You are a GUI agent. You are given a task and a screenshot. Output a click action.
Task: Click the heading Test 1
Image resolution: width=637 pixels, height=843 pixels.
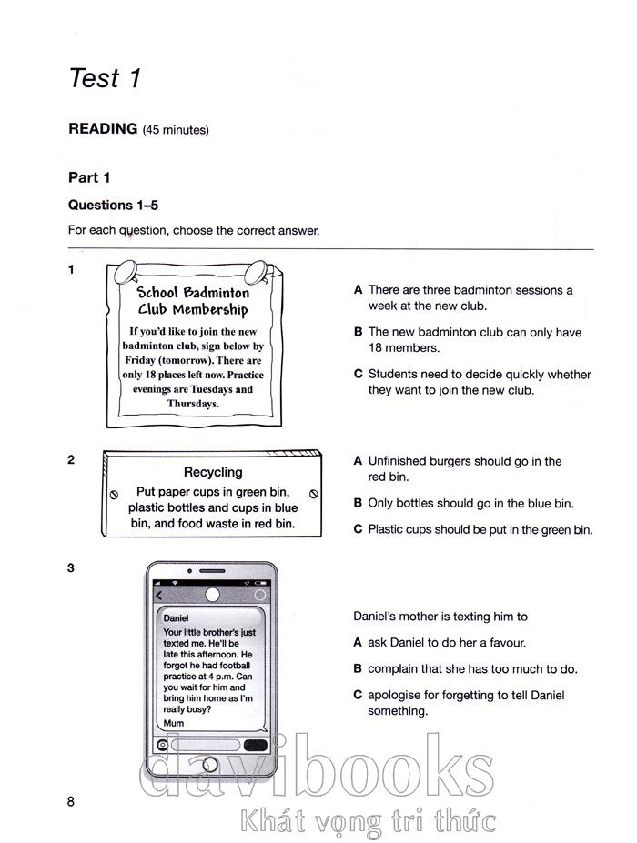(x=105, y=78)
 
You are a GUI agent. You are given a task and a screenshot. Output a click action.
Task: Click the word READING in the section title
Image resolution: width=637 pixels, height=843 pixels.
(x=103, y=129)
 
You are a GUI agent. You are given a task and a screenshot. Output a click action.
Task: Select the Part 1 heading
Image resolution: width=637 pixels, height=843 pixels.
(x=89, y=178)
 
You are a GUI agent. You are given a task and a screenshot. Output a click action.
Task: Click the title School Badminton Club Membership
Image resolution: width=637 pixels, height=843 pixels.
(x=192, y=301)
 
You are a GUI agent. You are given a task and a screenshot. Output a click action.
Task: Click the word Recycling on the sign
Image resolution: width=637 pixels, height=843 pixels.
(x=213, y=473)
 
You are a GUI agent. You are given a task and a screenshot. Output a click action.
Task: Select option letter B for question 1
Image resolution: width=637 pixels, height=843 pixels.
(x=359, y=333)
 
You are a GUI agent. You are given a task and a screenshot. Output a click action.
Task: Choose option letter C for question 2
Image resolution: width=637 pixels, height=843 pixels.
(x=359, y=529)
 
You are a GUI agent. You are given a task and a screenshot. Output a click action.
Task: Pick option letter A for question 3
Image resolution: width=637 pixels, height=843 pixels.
(x=359, y=643)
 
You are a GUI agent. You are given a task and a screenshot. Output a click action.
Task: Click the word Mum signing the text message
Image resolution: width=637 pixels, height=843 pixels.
(x=173, y=723)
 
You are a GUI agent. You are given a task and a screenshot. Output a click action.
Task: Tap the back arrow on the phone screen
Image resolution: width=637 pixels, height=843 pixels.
(x=159, y=596)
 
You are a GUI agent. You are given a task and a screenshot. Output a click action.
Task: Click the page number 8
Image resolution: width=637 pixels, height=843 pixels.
(x=70, y=801)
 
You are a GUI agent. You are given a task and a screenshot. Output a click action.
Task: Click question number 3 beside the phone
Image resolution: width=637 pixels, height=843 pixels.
(x=71, y=568)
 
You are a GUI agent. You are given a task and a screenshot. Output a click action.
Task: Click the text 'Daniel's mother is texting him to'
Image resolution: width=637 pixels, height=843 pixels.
(x=440, y=617)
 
